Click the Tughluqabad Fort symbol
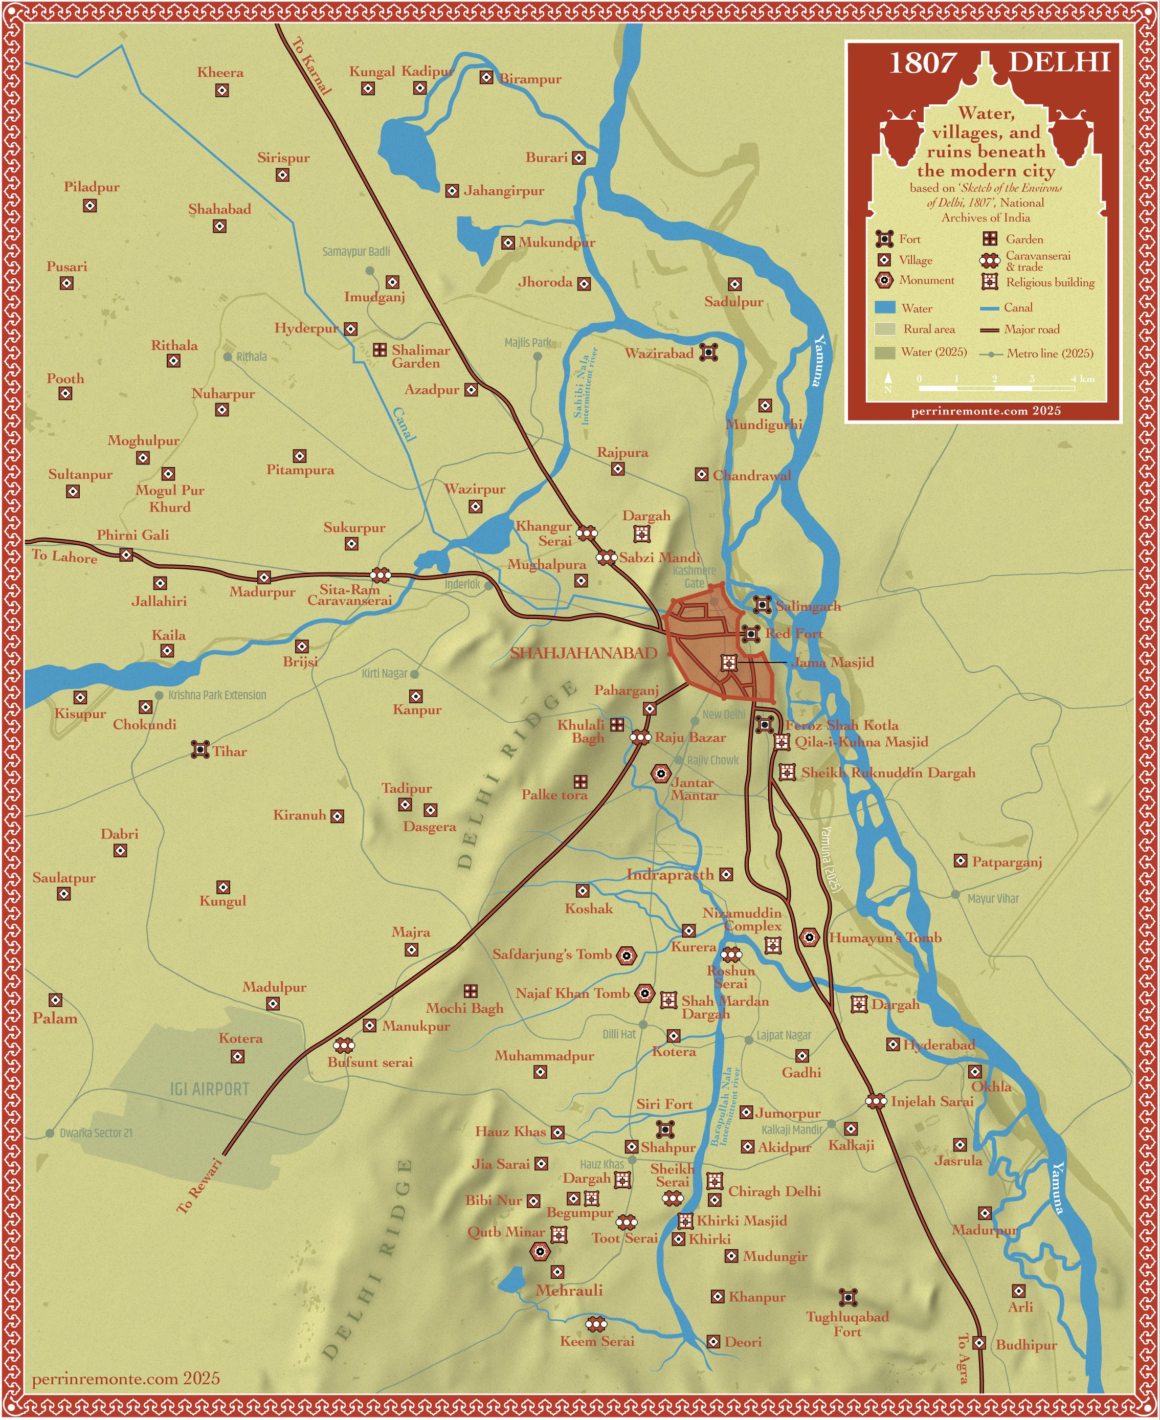coord(848,1297)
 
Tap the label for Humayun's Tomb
coord(885,938)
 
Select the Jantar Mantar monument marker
coord(661,774)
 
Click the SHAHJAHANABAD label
coord(584,653)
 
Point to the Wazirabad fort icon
coord(708,352)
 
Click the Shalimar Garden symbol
coord(380,349)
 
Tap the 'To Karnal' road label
coord(311,65)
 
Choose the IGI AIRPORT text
coord(209,1089)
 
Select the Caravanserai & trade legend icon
coord(990,260)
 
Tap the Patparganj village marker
coord(960,861)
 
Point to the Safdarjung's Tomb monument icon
coord(626,956)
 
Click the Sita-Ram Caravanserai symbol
coord(380,574)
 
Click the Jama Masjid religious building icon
coord(729,663)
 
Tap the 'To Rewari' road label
coord(199,1185)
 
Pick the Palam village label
coord(55,1018)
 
